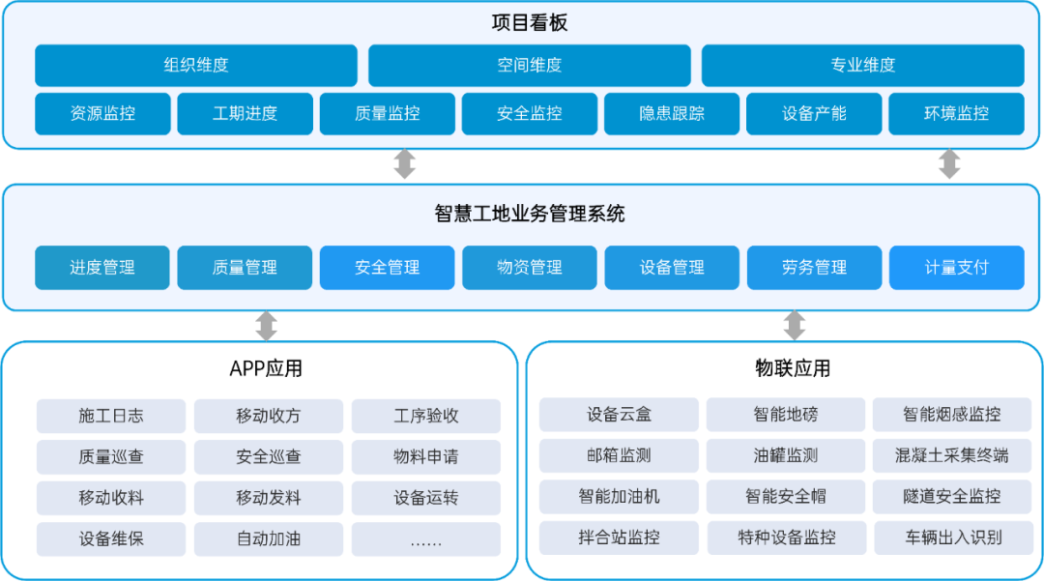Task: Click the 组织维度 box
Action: pyautogui.click(x=195, y=65)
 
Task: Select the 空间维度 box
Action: pyautogui.click(x=530, y=65)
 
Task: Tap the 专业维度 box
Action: pyautogui.click(x=863, y=65)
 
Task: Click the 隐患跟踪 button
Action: pyautogui.click(x=672, y=114)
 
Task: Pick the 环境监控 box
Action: pyautogui.click(x=956, y=114)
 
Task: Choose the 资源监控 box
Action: pyautogui.click(x=102, y=114)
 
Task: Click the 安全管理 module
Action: pyautogui.click(x=387, y=268)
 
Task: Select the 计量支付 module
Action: pyautogui.click(x=957, y=268)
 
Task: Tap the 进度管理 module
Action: pyautogui.click(x=101, y=268)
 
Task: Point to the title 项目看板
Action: pyautogui.click(x=530, y=23)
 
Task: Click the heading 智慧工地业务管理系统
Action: pyautogui.click(x=530, y=214)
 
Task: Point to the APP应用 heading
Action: pyautogui.click(x=266, y=368)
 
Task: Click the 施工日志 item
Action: pyautogui.click(x=111, y=416)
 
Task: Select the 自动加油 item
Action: pyautogui.click(x=269, y=538)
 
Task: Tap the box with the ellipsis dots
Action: pyautogui.click(x=426, y=538)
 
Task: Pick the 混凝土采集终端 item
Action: pyautogui.click(x=952, y=455)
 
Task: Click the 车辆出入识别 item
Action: pyautogui.click(x=953, y=537)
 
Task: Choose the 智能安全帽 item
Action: pyautogui.click(x=786, y=497)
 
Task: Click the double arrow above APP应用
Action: pyautogui.click(x=267, y=326)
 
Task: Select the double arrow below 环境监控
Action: pyautogui.click(x=949, y=164)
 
